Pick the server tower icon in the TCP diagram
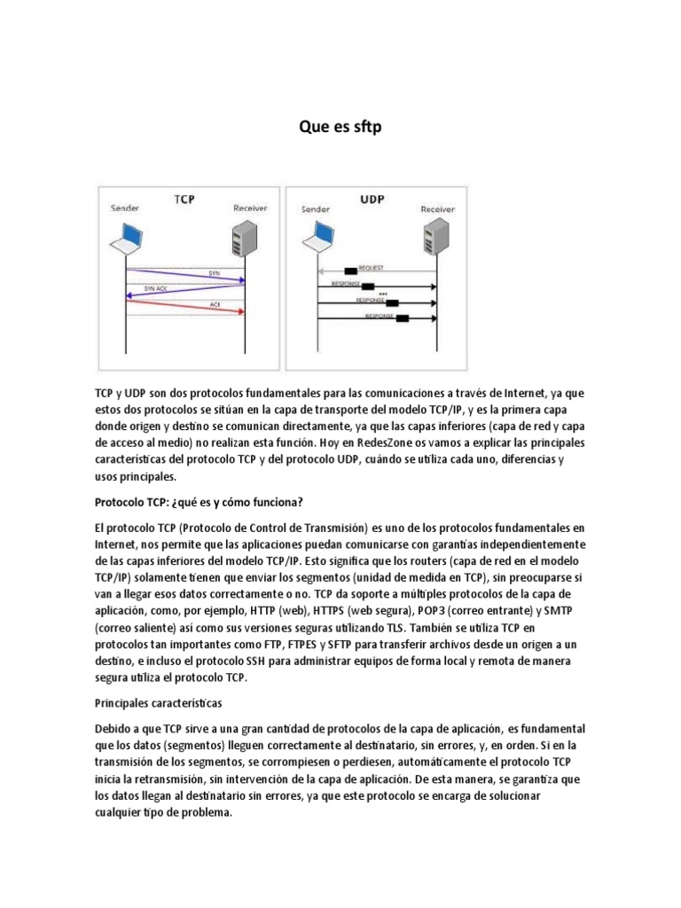point(243,239)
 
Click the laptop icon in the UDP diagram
point(320,239)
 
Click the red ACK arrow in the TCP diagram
point(185,306)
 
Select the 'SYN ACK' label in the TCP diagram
point(156,289)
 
